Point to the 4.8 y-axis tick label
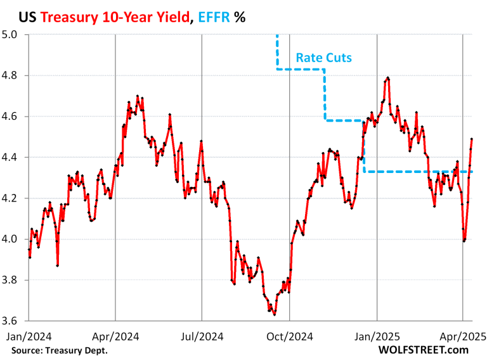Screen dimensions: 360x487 [x=12, y=75]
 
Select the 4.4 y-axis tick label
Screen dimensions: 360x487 [x=12, y=157]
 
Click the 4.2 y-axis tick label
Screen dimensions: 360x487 [x=12, y=198]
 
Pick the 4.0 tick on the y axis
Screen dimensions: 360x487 [x=12, y=240]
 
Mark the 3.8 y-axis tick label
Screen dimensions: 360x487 [x=12, y=280]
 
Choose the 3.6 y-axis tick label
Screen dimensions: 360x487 [x=12, y=321]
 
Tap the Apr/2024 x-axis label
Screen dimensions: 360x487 [x=115, y=337]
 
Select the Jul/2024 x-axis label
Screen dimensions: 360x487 [x=201, y=337]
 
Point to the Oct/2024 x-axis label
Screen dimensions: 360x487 [x=289, y=337]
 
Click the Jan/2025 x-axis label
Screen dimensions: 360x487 [x=377, y=337]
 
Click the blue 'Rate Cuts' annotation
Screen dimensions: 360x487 [x=323, y=58]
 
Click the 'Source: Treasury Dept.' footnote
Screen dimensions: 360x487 [x=59, y=350]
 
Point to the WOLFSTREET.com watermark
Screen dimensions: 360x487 [x=423, y=349]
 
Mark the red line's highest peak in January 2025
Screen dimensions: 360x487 [x=387, y=78]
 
